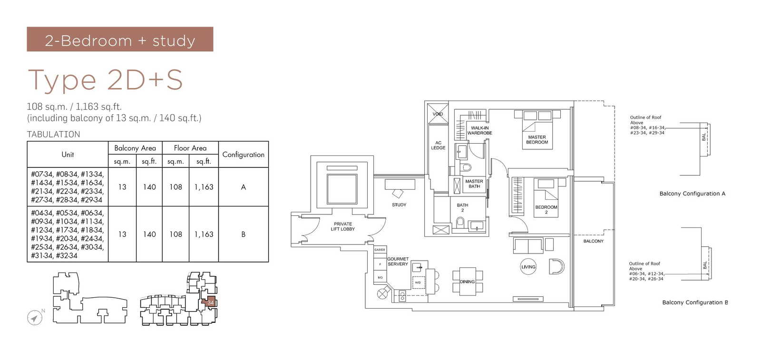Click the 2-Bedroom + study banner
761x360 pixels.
point(120,39)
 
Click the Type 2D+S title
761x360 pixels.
point(106,79)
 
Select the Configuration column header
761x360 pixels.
point(243,155)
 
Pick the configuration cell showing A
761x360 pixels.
point(243,187)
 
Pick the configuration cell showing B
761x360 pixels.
point(243,234)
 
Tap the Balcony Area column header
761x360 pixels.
point(135,148)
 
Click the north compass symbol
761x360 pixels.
point(35,317)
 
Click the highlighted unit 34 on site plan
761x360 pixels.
point(210,302)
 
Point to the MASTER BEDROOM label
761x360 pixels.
point(537,139)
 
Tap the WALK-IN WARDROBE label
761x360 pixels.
point(479,130)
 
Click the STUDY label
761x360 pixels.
point(399,204)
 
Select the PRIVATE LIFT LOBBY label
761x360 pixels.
point(343,226)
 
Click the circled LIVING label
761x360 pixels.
point(528,267)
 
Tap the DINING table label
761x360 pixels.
point(467,282)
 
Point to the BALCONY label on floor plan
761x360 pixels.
point(593,241)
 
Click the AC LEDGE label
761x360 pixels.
point(438,145)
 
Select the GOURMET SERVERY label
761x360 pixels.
point(398,262)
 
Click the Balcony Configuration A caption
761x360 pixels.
point(692,194)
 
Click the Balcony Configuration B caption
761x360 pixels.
point(694,302)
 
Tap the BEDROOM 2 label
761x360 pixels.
point(546,209)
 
